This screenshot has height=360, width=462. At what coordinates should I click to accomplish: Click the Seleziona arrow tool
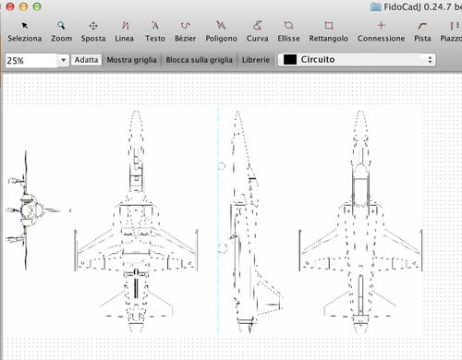pyautogui.click(x=25, y=31)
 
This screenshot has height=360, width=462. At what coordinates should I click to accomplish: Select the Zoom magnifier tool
pyautogui.click(x=61, y=31)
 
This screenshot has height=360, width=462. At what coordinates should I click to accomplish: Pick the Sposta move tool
pyautogui.click(x=93, y=31)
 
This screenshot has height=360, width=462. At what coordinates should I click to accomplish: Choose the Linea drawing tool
pyautogui.click(x=125, y=31)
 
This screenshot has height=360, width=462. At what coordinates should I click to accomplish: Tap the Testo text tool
pyautogui.click(x=155, y=31)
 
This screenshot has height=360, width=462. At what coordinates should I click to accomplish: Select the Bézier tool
pyautogui.click(x=185, y=31)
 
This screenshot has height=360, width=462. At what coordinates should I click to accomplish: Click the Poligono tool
pyautogui.click(x=221, y=31)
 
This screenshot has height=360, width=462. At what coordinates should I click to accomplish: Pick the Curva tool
pyautogui.click(x=257, y=31)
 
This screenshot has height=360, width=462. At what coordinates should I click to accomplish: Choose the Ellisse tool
pyautogui.click(x=288, y=31)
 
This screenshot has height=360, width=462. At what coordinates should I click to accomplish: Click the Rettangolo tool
pyautogui.click(x=329, y=31)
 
